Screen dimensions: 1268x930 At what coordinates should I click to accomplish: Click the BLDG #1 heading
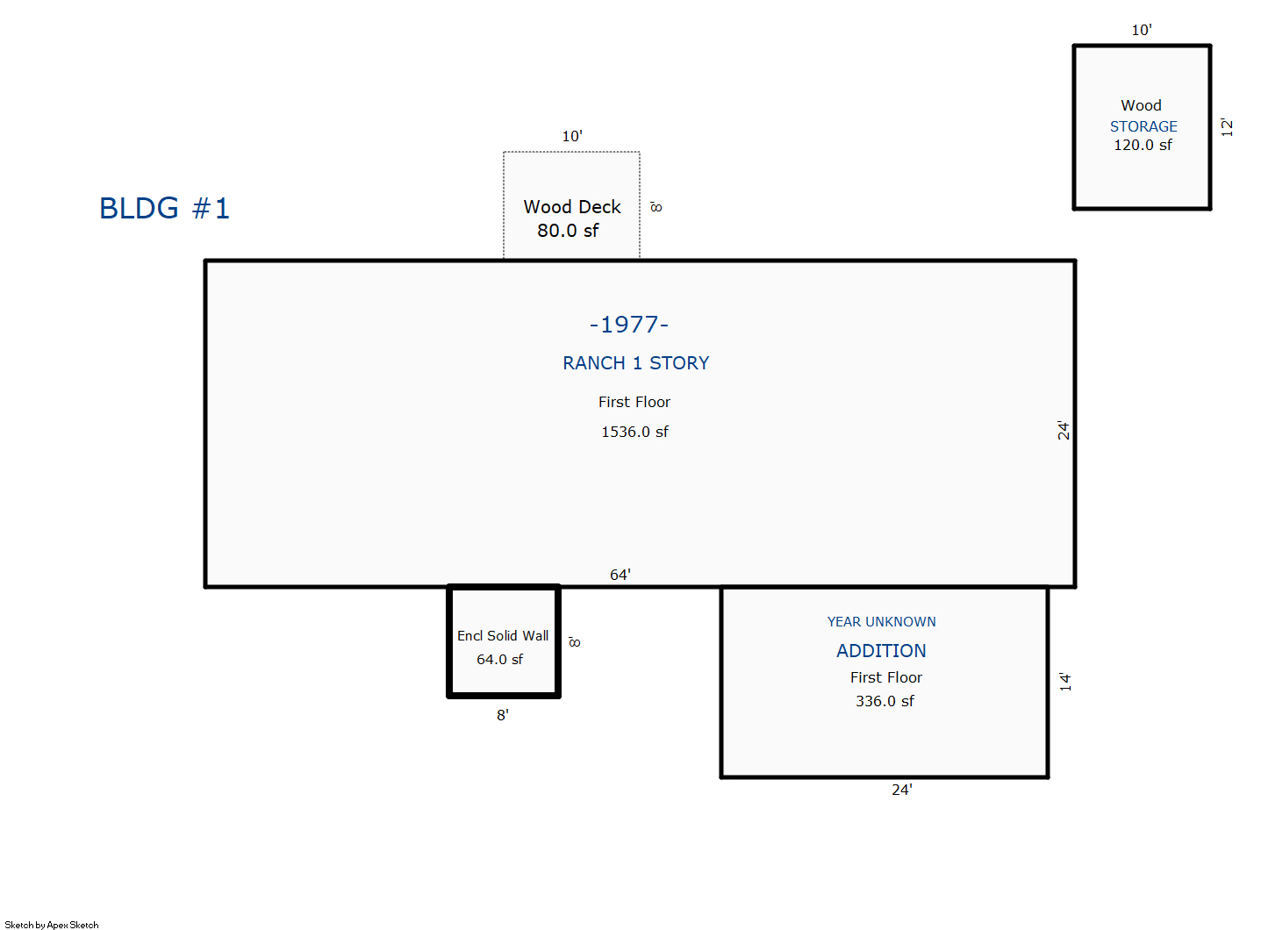click(164, 208)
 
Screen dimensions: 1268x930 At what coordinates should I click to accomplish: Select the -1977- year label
click(629, 325)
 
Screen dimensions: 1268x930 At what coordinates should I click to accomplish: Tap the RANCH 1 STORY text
click(635, 363)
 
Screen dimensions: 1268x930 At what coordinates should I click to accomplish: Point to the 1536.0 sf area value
click(634, 432)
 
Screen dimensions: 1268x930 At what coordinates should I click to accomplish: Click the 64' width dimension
click(620, 575)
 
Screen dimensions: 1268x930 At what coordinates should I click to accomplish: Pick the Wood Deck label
click(572, 206)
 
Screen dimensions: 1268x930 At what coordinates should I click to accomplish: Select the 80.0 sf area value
click(568, 231)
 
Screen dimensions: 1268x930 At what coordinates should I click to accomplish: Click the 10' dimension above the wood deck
click(572, 136)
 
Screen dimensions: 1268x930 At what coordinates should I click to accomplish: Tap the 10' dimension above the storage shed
click(1142, 30)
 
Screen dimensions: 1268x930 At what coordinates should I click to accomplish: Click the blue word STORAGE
click(1143, 126)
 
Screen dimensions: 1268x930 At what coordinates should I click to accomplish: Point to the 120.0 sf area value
click(1143, 145)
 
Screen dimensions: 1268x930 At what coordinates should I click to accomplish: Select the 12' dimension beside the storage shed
click(1227, 127)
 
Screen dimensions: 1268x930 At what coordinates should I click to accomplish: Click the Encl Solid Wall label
click(503, 636)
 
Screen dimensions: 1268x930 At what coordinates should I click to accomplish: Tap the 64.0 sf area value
click(500, 660)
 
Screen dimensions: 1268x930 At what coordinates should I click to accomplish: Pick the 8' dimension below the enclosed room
click(503, 715)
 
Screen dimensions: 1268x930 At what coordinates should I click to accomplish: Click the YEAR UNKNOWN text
click(881, 621)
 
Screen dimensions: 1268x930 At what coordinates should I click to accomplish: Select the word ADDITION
click(881, 651)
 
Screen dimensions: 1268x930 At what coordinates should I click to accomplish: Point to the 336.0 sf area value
click(885, 701)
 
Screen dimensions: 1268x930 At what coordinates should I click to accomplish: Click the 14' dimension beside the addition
click(1065, 682)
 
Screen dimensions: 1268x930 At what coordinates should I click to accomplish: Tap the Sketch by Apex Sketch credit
click(52, 925)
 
